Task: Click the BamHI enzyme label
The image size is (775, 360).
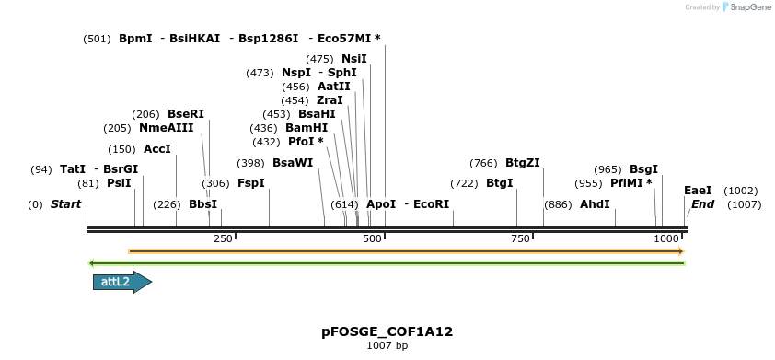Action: click(x=307, y=128)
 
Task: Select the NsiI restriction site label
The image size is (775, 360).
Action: click(x=354, y=59)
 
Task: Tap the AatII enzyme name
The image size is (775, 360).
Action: click(x=334, y=87)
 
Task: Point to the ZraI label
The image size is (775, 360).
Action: click(x=330, y=100)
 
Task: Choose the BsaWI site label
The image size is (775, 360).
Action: click(x=293, y=163)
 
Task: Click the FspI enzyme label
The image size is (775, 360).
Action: click(x=251, y=183)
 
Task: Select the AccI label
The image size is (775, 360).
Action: click(x=157, y=149)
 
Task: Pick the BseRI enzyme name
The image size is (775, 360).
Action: click(x=186, y=114)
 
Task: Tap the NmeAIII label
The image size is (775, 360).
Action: click(x=167, y=128)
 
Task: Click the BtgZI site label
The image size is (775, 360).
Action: click(x=522, y=163)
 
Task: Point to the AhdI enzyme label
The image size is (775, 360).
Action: click(x=595, y=204)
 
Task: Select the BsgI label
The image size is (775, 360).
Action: click(x=643, y=169)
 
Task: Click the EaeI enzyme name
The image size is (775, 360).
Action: click(x=698, y=191)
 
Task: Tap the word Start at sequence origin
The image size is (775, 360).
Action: click(x=65, y=204)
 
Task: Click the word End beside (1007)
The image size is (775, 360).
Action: click(x=702, y=204)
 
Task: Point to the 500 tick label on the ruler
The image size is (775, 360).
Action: click(x=372, y=238)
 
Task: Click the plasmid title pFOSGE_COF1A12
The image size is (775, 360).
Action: click(x=387, y=331)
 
